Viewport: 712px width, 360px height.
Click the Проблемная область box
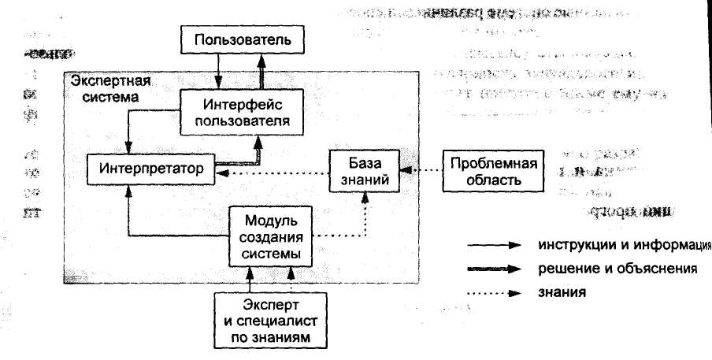coord(494,171)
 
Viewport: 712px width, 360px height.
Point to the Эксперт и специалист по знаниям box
coord(271,321)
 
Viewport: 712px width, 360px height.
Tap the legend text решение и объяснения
coord(606,269)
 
